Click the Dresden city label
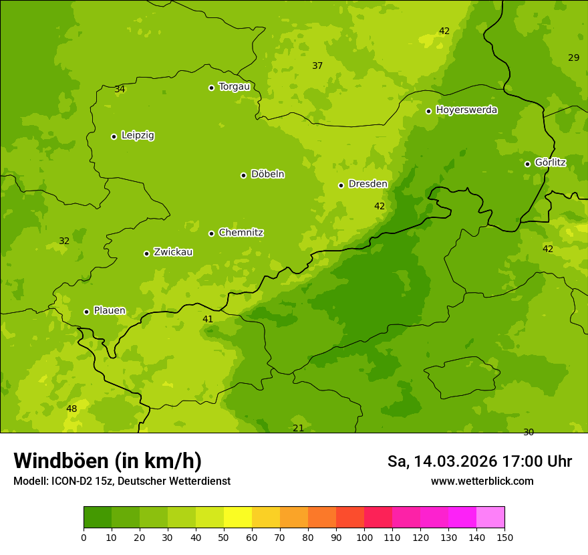(x=367, y=184)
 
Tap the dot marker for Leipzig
(x=114, y=136)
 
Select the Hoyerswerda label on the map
(x=466, y=110)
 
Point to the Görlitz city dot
(x=527, y=164)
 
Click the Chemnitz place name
(x=241, y=233)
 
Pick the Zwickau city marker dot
(x=146, y=253)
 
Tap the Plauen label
(x=110, y=310)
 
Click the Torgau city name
(x=234, y=86)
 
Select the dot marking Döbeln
(x=243, y=175)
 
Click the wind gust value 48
(x=71, y=409)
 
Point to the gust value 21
(x=298, y=428)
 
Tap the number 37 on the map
(x=317, y=66)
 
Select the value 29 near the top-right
(x=573, y=58)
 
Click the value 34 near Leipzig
(x=120, y=89)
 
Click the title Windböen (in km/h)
(x=108, y=461)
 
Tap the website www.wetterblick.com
(x=482, y=481)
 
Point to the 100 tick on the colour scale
(x=364, y=537)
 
